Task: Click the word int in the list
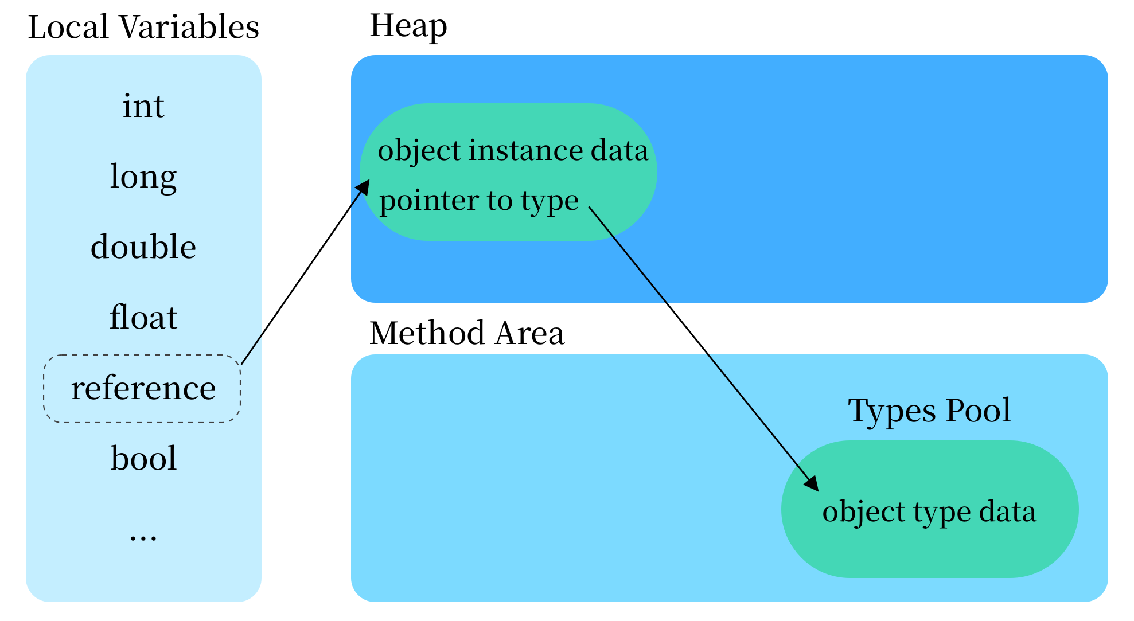[x=143, y=106]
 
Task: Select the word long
[x=143, y=177]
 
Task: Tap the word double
[x=143, y=247]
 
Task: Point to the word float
[x=143, y=318]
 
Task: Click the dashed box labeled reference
[x=142, y=389]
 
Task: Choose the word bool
[x=143, y=459]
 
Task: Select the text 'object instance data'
[x=513, y=151]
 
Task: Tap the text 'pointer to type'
[x=479, y=201]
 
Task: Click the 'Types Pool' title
[x=929, y=411]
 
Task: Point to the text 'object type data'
[x=929, y=511]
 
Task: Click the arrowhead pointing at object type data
[x=812, y=483]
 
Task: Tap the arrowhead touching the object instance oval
[x=363, y=188]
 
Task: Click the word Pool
[x=978, y=411]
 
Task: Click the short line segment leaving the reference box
[x=251, y=349]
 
